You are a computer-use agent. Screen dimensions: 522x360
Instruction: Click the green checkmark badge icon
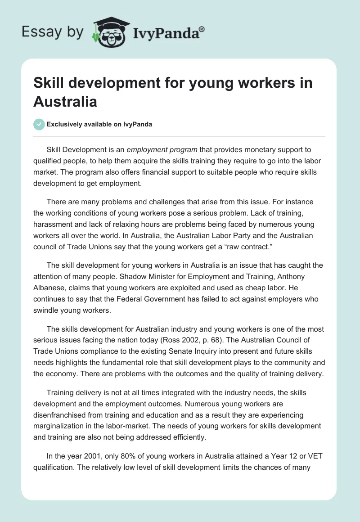[39, 124]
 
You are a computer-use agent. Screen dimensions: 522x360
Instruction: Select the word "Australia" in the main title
[65, 101]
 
